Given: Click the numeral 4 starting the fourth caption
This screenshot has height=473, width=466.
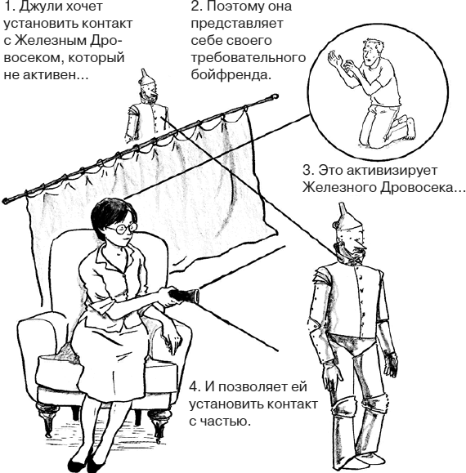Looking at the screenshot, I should point(193,385).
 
